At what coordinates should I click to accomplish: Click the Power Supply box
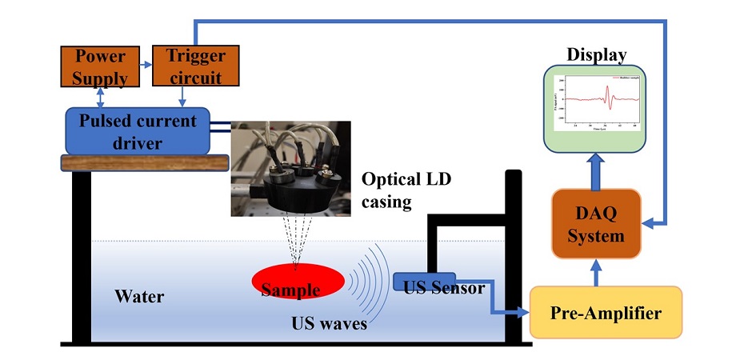101,67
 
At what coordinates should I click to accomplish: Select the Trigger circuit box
196,66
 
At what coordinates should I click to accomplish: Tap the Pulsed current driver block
137,130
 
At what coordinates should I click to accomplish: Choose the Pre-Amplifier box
606,312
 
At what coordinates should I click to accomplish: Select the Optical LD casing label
406,190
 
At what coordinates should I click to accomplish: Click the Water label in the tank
139,297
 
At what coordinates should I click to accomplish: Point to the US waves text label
329,324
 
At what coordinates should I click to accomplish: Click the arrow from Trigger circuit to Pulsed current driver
183,97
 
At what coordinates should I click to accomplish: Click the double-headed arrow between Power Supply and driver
100,97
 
